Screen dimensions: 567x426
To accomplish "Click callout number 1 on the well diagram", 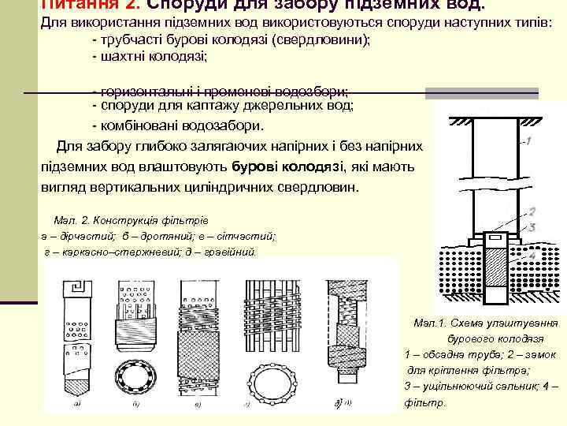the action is tap(528, 142).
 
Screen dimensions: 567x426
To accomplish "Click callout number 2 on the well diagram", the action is tap(532, 211).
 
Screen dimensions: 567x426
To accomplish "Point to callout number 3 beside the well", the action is tap(532, 226).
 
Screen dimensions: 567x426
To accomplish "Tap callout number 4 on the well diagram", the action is tap(532, 256).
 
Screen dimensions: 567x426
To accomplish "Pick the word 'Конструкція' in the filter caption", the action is tap(133, 220).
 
